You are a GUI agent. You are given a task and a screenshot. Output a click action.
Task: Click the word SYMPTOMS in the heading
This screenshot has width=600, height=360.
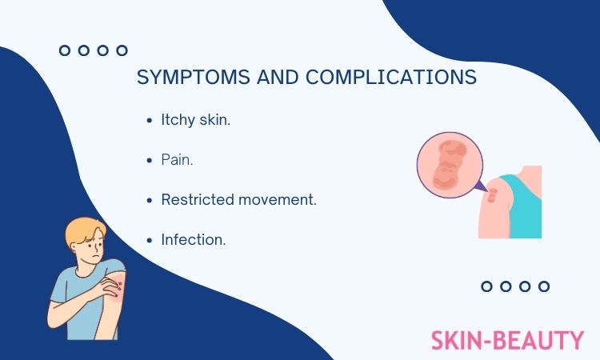pyautogui.click(x=194, y=77)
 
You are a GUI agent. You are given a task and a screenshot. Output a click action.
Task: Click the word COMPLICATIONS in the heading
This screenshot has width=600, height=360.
pyautogui.click(x=391, y=77)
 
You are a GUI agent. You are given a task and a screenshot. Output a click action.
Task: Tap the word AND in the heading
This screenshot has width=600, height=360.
pyautogui.click(x=278, y=77)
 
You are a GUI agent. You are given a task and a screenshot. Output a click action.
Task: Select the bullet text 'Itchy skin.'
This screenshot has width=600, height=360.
pyautogui.click(x=195, y=120)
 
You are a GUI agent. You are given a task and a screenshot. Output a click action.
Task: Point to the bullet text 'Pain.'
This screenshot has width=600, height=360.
pyautogui.click(x=177, y=160)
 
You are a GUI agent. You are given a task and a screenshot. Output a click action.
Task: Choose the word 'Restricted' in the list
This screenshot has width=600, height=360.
pyautogui.click(x=197, y=200)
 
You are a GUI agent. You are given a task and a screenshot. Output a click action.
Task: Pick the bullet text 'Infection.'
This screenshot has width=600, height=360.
pyautogui.click(x=194, y=240)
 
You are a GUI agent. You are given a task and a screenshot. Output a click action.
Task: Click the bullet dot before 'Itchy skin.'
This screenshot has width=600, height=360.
pyautogui.click(x=150, y=121)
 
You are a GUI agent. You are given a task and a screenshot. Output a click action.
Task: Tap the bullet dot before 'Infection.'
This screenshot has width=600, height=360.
pyautogui.click(x=150, y=241)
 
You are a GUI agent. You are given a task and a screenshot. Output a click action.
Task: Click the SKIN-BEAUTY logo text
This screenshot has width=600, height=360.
pyautogui.click(x=507, y=341)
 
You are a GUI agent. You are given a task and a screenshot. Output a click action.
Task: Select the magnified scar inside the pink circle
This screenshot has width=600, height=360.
pyautogui.click(x=449, y=165)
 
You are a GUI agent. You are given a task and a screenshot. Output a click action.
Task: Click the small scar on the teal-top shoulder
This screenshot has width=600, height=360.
pyautogui.click(x=493, y=195)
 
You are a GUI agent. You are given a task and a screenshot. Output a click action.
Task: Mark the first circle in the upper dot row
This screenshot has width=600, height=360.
pyautogui.click(x=65, y=50)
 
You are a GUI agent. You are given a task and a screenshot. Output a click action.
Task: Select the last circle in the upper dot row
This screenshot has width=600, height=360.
pyautogui.click(x=122, y=50)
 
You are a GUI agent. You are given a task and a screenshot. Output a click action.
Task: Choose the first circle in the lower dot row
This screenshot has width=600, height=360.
pyautogui.click(x=486, y=286)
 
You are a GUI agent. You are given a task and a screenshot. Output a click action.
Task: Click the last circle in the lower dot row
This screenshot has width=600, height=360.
pyautogui.click(x=544, y=286)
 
